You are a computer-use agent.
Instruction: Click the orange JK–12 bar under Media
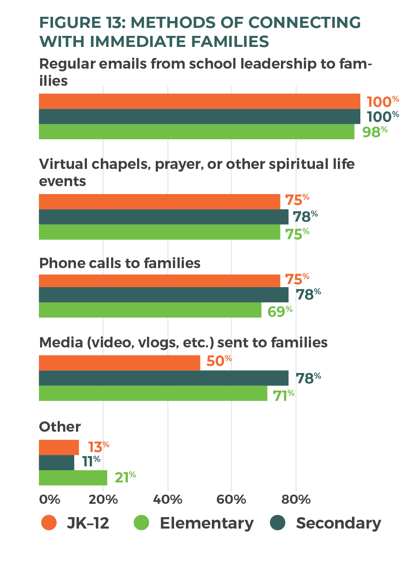[x=119, y=363]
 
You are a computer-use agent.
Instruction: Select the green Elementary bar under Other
[x=73, y=477]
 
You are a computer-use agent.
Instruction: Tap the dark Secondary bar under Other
[x=56, y=462]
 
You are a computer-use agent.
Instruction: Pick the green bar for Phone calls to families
[x=150, y=310]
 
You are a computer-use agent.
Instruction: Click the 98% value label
[x=374, y=132]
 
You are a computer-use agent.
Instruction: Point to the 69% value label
[x=279, y=311]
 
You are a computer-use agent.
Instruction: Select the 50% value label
[x=219, y=361]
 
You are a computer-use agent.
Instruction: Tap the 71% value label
[x=283, y=395]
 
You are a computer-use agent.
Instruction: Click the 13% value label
[x=98, y=447]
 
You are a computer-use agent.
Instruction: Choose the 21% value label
[x=125, y=477]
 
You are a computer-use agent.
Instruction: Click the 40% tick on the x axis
[x=168, y=499]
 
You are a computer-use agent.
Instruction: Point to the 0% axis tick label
[x=50, y=499]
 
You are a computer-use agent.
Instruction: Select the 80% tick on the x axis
[x=296, y=499]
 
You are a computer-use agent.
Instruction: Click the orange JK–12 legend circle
[x=49, y=523]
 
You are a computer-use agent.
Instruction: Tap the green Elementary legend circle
[x=142, y=523]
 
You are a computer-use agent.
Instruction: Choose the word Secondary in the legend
[x=338, y=523]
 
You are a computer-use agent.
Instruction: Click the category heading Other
[x=60, y=426]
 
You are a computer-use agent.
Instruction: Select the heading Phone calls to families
[x=120, y=263]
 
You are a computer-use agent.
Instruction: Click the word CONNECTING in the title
[x=304, y=23]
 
